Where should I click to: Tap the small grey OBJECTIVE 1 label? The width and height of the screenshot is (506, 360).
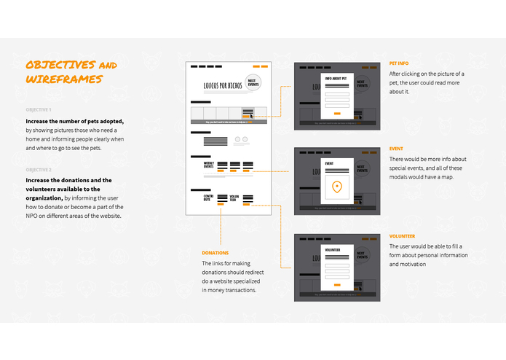(39, 110)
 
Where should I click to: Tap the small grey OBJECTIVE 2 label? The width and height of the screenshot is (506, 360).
(39, 169)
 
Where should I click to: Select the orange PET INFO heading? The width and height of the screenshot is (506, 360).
(400, 63)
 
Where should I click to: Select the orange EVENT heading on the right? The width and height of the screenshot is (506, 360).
(396, 149)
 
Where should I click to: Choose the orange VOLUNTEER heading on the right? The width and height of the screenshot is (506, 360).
(402, 235)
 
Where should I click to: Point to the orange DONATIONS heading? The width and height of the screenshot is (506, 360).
(215, 253)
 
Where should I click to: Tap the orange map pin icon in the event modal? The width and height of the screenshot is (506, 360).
(336, 188)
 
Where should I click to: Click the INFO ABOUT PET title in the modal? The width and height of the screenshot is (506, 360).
(336, 78)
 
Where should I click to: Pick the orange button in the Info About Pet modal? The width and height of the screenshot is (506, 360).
(336, 114)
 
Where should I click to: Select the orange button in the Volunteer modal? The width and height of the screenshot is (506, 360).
(336, 285)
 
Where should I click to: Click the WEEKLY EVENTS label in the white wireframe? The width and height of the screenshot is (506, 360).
(208, 166)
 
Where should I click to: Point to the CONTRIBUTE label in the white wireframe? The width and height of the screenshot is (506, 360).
(209, 197)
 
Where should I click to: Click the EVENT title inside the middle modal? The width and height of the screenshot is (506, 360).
(329, 163)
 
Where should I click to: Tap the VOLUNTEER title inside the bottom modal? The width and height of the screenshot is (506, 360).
(333, 249)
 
